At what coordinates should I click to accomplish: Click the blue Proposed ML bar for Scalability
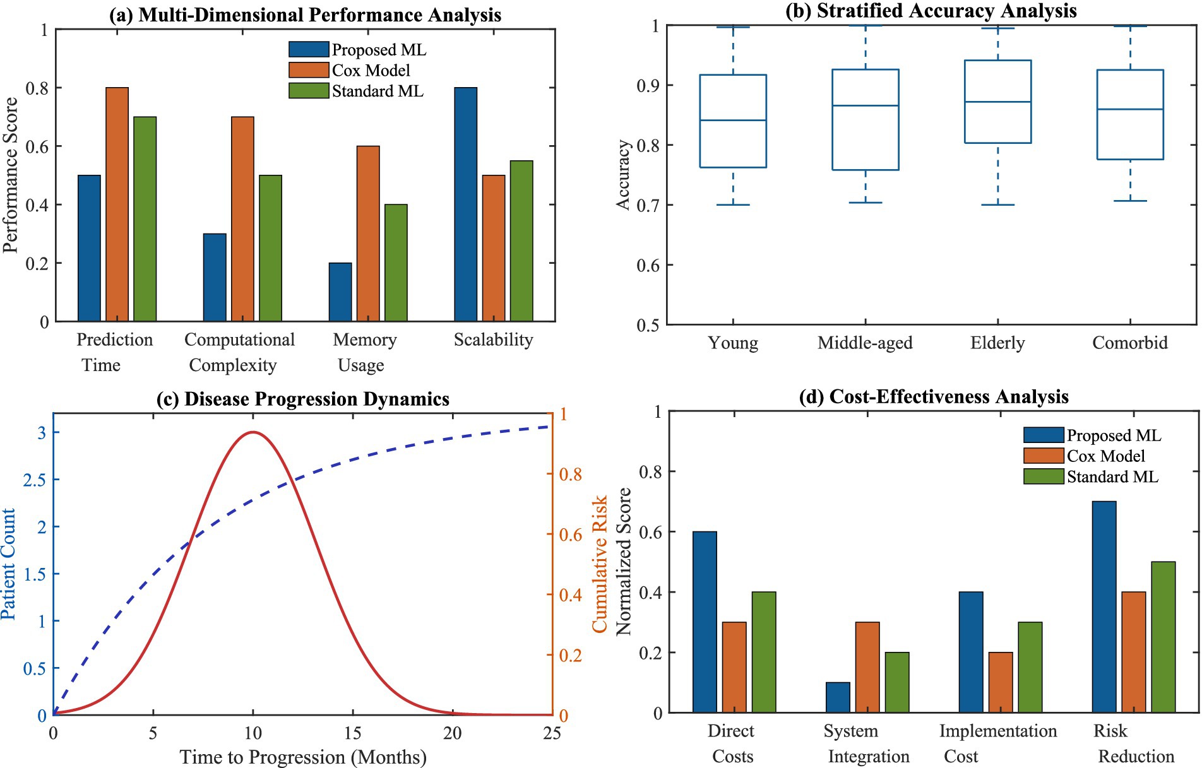pos(465,205)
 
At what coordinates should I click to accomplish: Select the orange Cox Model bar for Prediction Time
pos(117,205)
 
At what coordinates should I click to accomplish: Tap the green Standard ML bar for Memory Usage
pos(396,263)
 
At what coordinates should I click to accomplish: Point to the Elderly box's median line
pos(997,102)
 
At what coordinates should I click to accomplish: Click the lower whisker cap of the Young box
pos(733,204)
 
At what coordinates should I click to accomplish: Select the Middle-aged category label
pos(865,343)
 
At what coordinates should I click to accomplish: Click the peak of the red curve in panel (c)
pos(253,432)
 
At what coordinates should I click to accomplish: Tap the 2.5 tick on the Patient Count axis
pos(34,480)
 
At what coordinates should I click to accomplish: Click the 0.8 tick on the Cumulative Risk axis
pos(571,474)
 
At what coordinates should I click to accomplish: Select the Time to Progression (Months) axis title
pos(303,757)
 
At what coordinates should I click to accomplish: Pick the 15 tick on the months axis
pos(352,733)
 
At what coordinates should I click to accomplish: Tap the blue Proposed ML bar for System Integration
pos(838,697)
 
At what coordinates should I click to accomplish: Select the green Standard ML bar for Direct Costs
pos(763,653)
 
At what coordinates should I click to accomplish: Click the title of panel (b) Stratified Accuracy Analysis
pos(931,11)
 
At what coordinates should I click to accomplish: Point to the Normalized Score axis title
pos(624,562)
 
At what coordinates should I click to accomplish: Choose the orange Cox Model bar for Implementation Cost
pos(1000,682)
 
